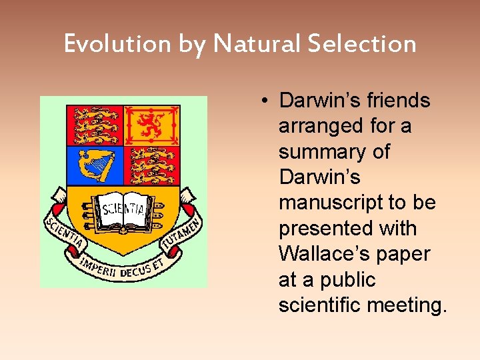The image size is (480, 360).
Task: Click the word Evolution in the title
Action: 118,44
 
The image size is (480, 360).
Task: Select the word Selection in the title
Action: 362,44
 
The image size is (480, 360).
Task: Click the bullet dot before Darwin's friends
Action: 265,101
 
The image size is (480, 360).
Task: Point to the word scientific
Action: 319,305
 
